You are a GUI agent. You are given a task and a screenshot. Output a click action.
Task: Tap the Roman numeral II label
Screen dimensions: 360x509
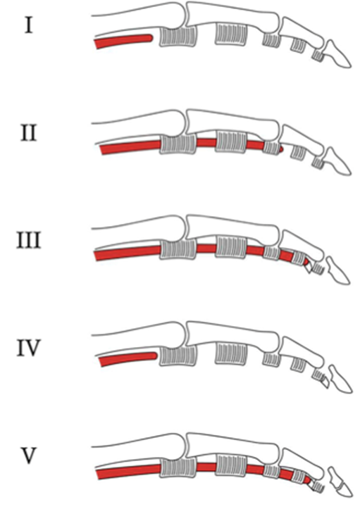tap(29, 134)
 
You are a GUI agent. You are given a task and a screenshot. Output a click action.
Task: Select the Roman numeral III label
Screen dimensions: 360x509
tap(29, 241)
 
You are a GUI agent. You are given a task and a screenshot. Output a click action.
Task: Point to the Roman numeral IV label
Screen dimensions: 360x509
tap(29, 348)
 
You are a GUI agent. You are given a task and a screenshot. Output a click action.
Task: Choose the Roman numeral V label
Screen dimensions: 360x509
tap(29, 455)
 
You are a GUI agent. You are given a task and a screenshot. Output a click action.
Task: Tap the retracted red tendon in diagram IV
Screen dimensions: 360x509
tap(128, 358)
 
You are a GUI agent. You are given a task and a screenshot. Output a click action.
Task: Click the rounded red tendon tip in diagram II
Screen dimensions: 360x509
tap(281, 149)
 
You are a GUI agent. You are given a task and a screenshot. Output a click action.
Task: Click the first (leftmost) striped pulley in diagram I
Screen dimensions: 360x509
tap(178, 37)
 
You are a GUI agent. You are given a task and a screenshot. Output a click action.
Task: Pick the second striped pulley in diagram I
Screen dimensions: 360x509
tap(231, 34)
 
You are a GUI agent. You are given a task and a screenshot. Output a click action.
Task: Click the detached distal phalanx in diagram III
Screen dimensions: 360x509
tap(338, 270)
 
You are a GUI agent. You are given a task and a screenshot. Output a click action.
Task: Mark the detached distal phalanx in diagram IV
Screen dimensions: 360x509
tap(340, 379)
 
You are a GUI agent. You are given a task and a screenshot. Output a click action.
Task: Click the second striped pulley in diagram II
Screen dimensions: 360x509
tap(231, 142)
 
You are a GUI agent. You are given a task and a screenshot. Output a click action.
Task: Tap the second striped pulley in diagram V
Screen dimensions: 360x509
tap(231, 465)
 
